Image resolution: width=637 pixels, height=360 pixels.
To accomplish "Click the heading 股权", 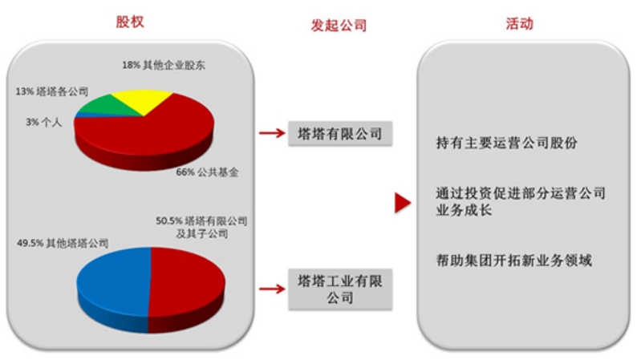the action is (x=130, y=22).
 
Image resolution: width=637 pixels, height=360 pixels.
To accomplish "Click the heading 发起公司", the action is (x=339, y=25).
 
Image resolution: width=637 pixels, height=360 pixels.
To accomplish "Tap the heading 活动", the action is (x=520, y=23).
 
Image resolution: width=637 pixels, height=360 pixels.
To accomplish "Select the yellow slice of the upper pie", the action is (x=142, y=100).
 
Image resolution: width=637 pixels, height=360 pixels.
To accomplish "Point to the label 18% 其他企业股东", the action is (x=164, y=65).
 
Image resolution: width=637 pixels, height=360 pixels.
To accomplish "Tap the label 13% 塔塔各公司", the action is (x=52, y=91).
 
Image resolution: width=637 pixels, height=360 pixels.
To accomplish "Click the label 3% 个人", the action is (x=44, y=122).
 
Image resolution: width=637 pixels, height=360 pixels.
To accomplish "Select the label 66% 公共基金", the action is (x=207, y=172).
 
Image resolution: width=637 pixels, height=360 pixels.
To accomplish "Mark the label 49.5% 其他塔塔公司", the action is (x=63, y=243).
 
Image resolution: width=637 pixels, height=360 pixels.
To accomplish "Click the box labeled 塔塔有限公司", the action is (x=340, y=133).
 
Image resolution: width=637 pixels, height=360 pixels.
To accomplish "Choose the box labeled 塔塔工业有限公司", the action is (x=340, y=289).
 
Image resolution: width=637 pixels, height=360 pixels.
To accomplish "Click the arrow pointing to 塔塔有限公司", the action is (x=272, y=133).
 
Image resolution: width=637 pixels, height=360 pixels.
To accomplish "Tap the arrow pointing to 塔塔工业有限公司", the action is (x=272, y=289).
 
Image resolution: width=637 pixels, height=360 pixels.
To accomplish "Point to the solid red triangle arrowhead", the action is (x=402, y=203).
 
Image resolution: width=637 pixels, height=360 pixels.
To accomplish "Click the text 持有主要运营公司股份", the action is (x=506, y=143).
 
